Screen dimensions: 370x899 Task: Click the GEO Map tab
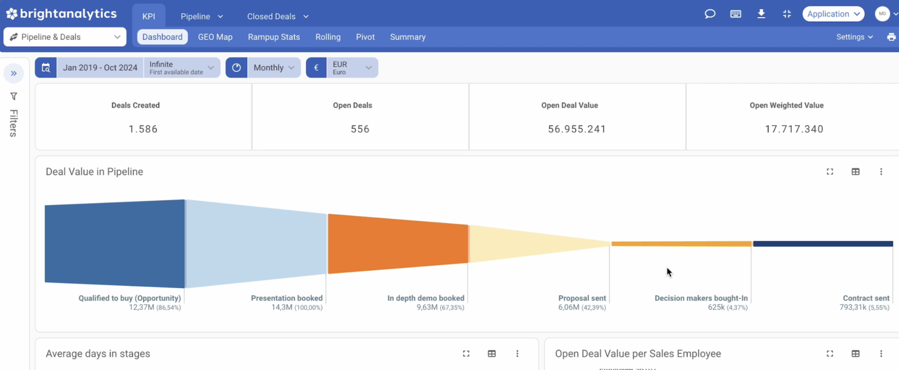pos(215,37)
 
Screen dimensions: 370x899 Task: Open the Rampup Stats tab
pos(273,37)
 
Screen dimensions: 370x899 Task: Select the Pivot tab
pos(365,37)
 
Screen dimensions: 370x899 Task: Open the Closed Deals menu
pos(277,16)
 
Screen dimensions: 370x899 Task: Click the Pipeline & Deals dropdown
pos(65,37)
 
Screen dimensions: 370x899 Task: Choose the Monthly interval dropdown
pos(273,68)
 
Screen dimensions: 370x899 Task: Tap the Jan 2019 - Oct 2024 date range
pos(99,68)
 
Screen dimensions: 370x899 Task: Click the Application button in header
pos(833,14)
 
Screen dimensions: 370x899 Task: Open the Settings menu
pos(854,37)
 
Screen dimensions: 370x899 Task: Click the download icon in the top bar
pos(761,14)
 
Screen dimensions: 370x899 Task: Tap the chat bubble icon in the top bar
pos(710,14)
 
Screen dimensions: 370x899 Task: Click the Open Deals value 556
pos(360,129)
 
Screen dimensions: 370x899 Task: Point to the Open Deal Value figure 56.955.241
pos(577,129)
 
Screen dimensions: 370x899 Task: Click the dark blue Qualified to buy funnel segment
pos(115,244)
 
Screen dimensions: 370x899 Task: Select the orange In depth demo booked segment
pos(398,244)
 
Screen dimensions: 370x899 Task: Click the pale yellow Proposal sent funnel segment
pos(527,244)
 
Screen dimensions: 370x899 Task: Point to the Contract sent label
pos(866,298)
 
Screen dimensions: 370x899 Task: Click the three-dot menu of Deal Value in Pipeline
pos(881,172)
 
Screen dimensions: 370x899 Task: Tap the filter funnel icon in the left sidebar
pos(13,97)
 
